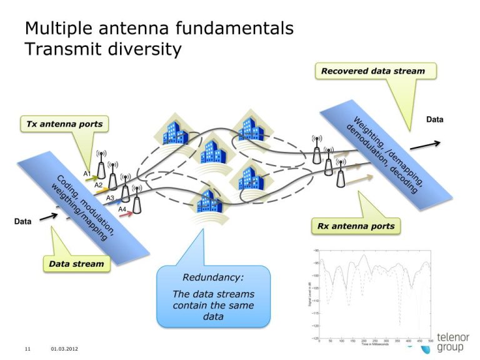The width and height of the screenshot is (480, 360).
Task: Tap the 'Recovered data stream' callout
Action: click(x=373, y=71)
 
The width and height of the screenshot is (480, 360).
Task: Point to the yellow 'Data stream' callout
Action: click(x=76, y=264)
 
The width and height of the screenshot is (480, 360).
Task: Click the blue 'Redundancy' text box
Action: click(x=213, y=297)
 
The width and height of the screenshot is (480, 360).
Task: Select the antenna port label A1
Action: click(x=87, y=173)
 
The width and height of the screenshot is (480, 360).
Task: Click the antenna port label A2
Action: click(x=98, y=185)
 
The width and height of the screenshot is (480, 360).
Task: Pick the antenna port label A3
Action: click(x=110, y=197)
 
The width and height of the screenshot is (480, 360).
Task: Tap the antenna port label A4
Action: click(x=122, y=209)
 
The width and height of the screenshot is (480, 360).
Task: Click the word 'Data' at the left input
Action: click(x=23, y=221)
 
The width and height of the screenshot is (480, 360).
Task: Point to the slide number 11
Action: click(x=27, y=348)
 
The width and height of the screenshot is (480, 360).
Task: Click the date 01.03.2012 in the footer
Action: click(x=64, y=348)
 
